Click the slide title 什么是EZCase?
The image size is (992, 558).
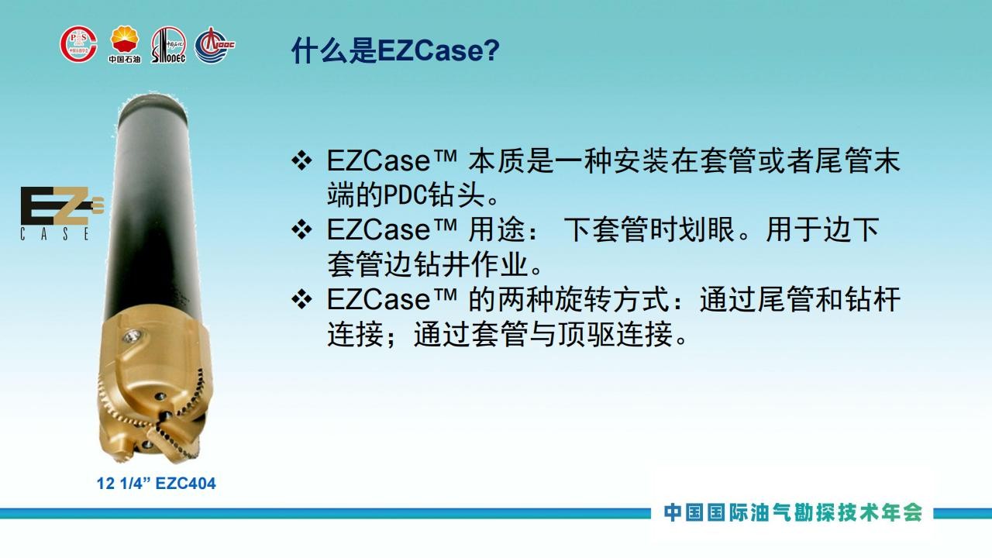(x=395, y=50)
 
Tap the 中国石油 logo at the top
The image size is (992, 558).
(x=125, y=44)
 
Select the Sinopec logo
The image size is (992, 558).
(x=168, y=45)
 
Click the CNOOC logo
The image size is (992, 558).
(x=215, y=45)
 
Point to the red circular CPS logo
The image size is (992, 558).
(x=79, y=43)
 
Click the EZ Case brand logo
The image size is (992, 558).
(x=62, y=213)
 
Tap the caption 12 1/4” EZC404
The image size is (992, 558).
(x=157, y=483)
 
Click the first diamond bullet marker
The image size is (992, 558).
(x=301, y=160)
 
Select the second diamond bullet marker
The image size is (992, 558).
(x=301, y=229)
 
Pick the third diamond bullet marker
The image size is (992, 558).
(x=301, y=299)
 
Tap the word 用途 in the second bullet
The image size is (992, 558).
(x=497, y=229)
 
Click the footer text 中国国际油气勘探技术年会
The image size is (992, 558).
(x=793, y=513)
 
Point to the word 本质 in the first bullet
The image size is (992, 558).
(x=497, y=160)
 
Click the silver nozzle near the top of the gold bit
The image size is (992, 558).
(x=132, y=336)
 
